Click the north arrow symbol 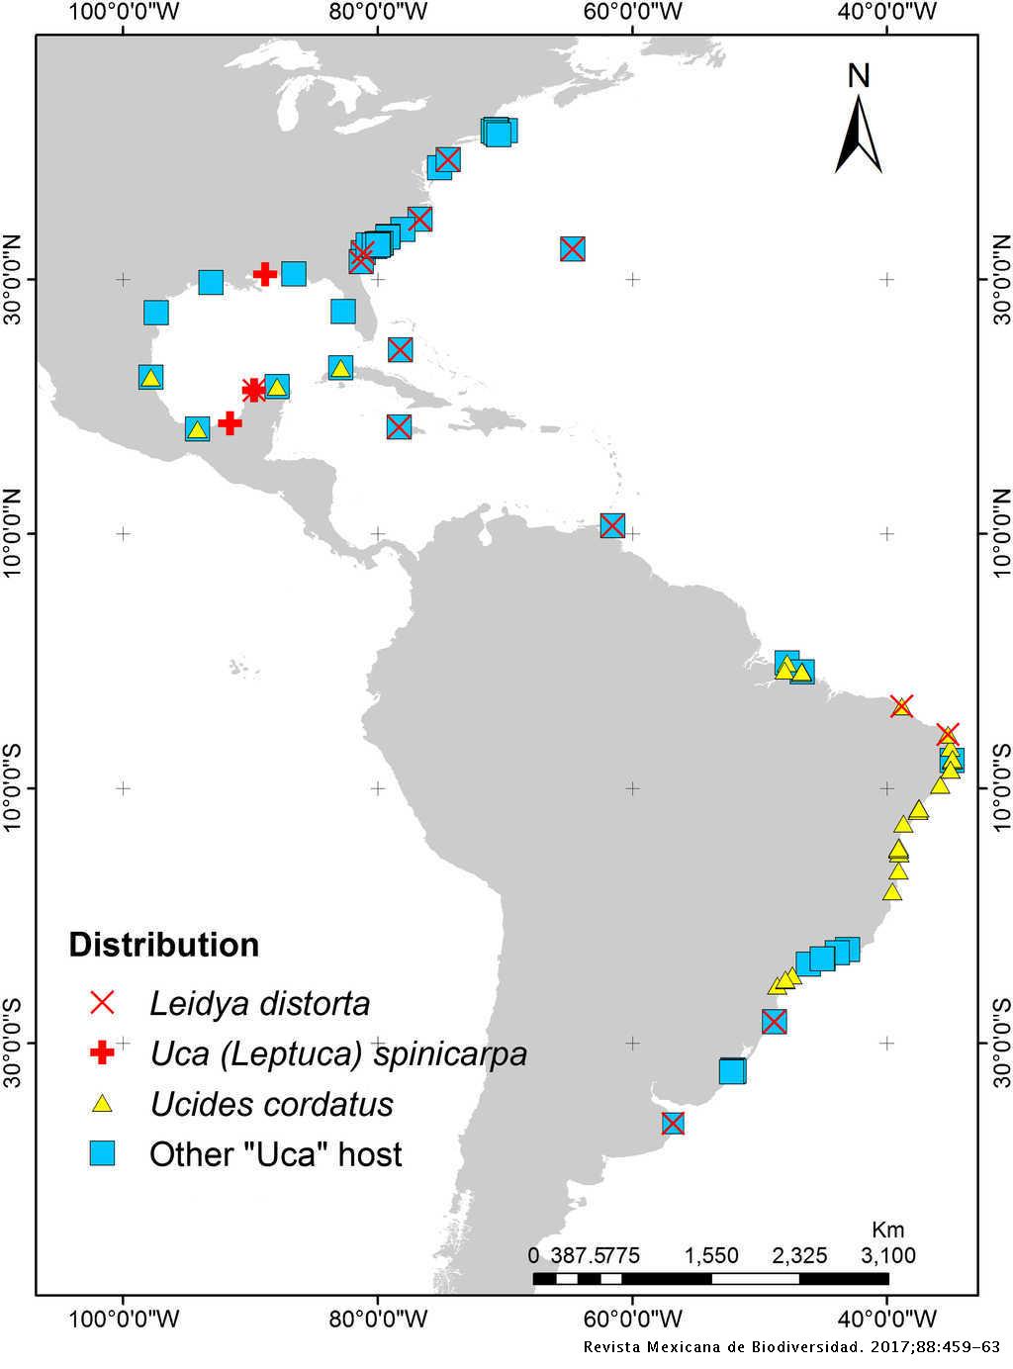coord(859,135)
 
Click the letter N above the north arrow coord(859,75)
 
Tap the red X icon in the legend coord(102,1003)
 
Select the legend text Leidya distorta coord(259,1003)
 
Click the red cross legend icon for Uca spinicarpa coord(102,1053)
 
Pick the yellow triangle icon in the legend coord(102,1103)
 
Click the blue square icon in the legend coord(102,1153)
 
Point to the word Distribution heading coord(163,945)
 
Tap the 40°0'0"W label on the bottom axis coord(887,1318)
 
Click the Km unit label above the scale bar coord(887,1230)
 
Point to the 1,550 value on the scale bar coord(711,1255)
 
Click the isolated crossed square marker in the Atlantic coord(572,248)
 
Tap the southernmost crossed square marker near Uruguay coord(673,1123)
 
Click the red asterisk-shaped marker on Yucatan coord(254,390)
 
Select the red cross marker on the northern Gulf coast coord(264,274)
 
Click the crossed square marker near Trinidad coord(612,525)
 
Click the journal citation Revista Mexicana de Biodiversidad coord(791,1347)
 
